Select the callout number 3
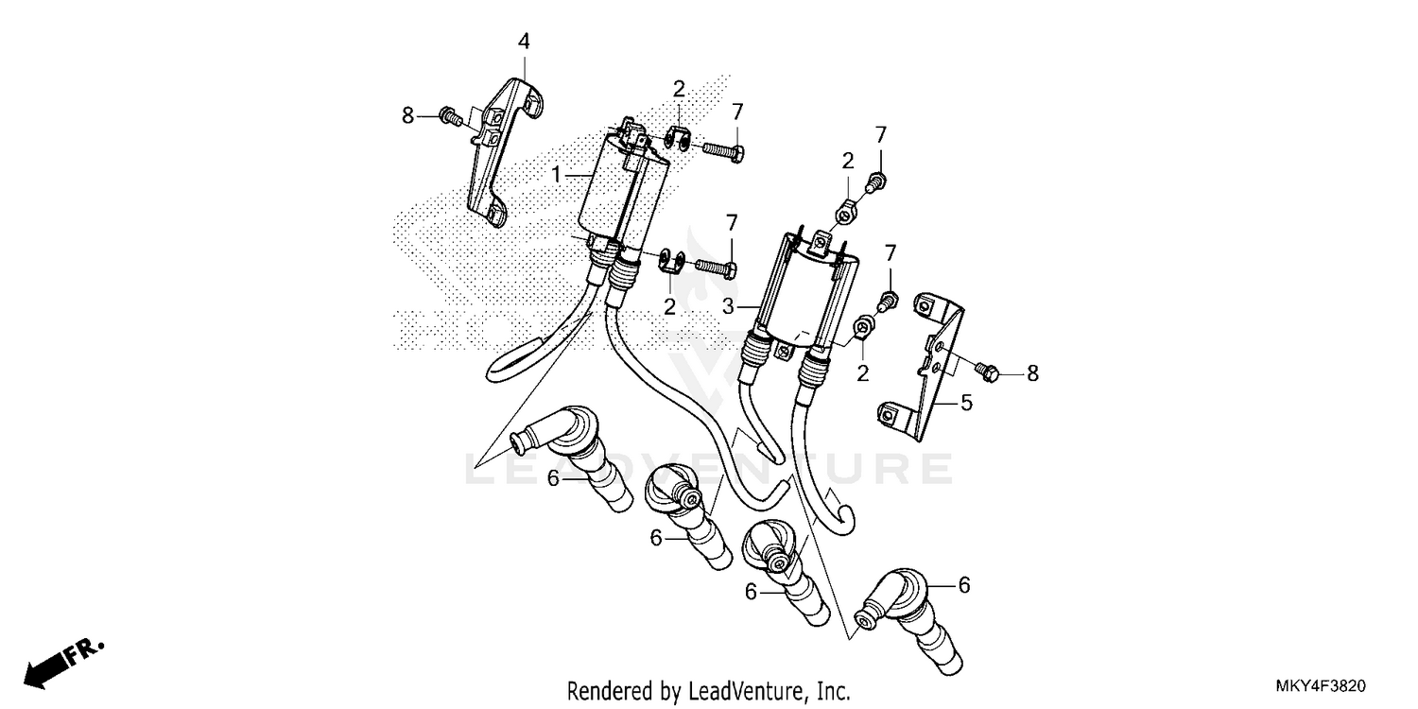(728, 307)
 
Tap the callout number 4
(524, 41)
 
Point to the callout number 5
(966, 404)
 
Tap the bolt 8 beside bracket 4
(452, 116)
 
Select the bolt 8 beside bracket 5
(987, 372)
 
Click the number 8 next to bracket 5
(1032, 374)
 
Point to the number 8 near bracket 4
(407, 115)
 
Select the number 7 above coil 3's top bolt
(880, 133)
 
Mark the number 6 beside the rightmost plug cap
(963, 586)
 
